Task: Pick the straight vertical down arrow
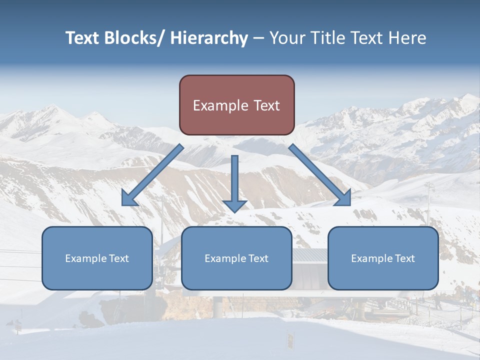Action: (x=234, y=182)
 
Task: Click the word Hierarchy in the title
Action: (x=209, y=38)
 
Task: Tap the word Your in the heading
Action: (x=287, y=38)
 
